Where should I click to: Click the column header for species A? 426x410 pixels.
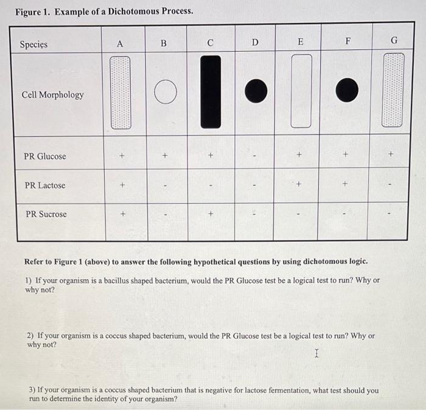click(x=120, y=44)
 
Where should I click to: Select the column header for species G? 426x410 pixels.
click(x=394, y=41)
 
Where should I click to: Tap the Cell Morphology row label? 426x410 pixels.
click(x=53, y=94)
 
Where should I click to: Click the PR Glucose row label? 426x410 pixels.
click(x=45, y=156)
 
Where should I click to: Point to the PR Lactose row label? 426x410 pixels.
click(x=45, y=185)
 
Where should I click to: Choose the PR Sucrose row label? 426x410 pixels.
click(x=46, y=214)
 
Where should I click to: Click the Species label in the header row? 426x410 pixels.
click(x=33, y=44)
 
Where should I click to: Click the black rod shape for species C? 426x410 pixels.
click(x=211, y=91)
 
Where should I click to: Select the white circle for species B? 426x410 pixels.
click(x=165, y=93)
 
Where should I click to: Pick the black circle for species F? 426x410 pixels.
click(x=347, y=90)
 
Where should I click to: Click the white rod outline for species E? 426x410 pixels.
click(x=301, y=91)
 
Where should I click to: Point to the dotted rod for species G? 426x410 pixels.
click(x=393, y=90)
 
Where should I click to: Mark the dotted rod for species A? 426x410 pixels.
click(x=120, y=93)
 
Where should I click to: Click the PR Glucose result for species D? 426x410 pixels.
click(x=256, y=157)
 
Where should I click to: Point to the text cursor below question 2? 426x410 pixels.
click(x=316, y=353)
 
